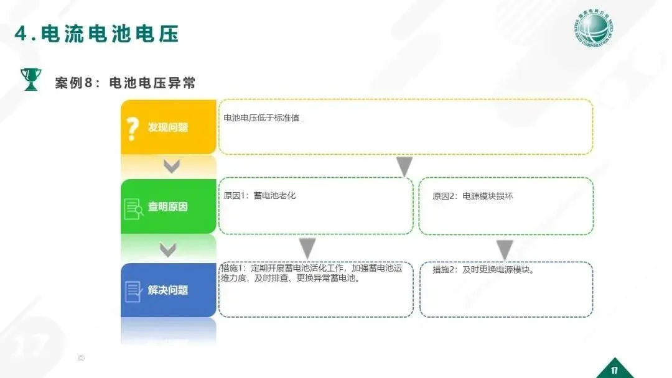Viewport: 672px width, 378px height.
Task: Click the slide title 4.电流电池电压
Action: tap(96, 34)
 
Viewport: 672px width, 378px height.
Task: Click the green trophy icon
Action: tap(30, 79)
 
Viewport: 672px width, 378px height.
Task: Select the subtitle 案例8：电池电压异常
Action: tap(125, 83)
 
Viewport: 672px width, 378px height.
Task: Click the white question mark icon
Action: tap(132, 128)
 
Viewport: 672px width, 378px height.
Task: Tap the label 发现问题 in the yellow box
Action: tap(167, 127)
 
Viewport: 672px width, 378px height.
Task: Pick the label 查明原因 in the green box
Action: tap(167, 206)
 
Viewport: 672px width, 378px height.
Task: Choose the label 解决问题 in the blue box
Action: tap(167, 290)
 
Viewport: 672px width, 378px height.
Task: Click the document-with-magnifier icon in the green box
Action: tap(134, 208)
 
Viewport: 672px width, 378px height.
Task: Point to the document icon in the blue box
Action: tap(133, 291)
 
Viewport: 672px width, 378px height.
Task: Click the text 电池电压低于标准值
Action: tap(261, 118)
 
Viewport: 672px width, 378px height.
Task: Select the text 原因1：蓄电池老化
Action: tap(259, 196)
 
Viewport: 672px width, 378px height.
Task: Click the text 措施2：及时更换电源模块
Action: tap(483, 270)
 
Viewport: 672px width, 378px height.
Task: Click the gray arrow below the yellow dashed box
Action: tap(404, 167)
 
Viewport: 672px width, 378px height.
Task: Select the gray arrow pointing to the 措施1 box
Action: tap(307, 247)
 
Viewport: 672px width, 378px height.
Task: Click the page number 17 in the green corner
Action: tap(614, 371)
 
